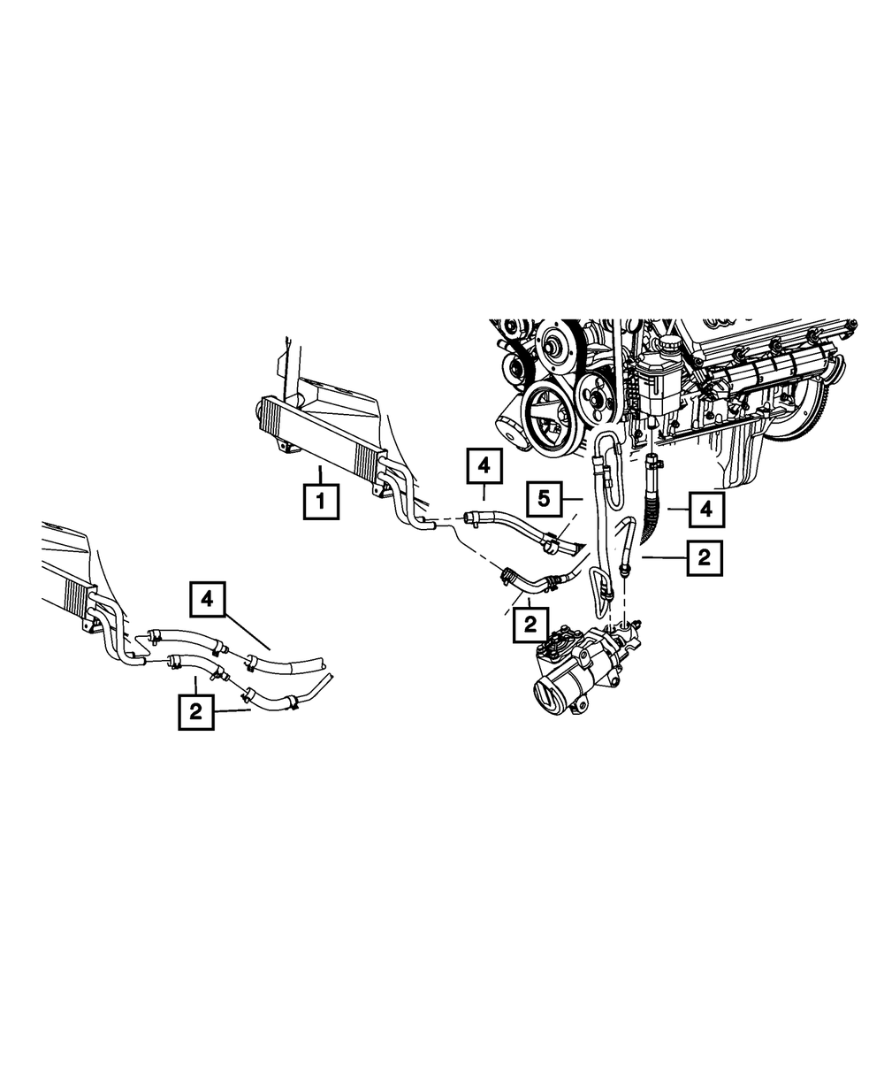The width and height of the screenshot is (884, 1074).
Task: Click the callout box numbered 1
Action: [321, 501]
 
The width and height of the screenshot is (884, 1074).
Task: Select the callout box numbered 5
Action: [544, 499]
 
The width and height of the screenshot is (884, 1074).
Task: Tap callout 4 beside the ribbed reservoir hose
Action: [706, 510]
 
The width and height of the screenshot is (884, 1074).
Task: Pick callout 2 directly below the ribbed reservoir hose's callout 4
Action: [705, 557]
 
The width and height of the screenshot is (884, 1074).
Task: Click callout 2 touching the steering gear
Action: [530, 625]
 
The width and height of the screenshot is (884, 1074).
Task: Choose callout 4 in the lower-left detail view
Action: [207, 599]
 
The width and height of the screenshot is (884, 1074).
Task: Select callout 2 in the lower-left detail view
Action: [196, 712]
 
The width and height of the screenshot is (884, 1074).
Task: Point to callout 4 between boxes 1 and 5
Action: [484, 466]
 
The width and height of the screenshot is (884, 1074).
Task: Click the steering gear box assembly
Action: [586, 668]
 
